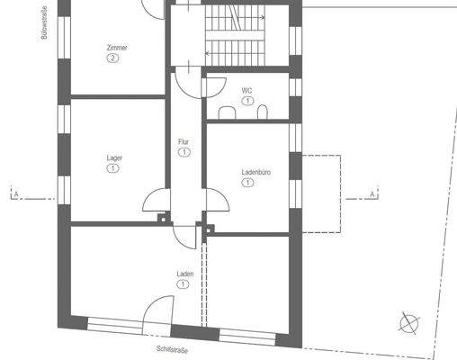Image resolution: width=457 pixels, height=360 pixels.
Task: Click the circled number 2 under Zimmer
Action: pyautogui.click(x=112, y=58)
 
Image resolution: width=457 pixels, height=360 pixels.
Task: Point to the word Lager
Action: pyautogui.click(x=114, y=157)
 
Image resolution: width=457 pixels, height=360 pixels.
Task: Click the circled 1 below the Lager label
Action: pyautogui.click(x=114, y=168)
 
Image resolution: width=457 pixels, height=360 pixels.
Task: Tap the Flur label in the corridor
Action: pyautogui.click(x=184, y=142)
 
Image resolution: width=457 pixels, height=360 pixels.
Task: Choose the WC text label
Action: pyautogui.click(x=246, y=91)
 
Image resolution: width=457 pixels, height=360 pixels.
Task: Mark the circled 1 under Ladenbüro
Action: pyautogui.click(x=247, y=182)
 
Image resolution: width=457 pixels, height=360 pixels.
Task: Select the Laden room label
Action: pyautogui.click(x=184, y=274)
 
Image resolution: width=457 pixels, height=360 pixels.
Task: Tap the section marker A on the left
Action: pyautogui.click(x=15, y=193)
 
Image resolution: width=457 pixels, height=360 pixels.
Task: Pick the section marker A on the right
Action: pyautogui.click(x=372, y=193)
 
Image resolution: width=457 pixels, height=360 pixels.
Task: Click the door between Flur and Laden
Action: pyautogui.click(x=184, y=236)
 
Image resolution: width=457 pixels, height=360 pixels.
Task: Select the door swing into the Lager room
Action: pyautogui.click(x=154, y=202)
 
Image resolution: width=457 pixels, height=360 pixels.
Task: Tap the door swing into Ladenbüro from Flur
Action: pyautogui.click(x=216, y=202)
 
